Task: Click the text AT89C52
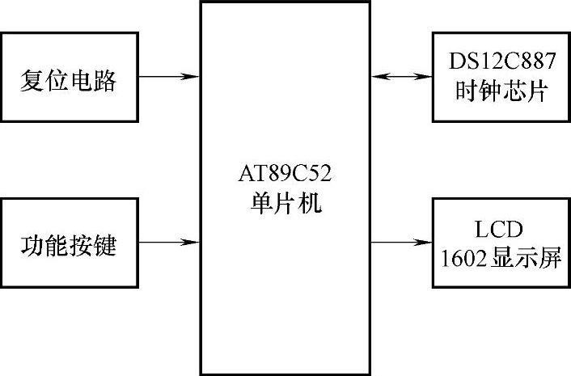click(x=282, y=175)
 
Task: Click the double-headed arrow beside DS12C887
click(x=401, y=78)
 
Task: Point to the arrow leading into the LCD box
click(x=401, y=242)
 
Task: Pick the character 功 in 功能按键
click(x=32, y=243)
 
